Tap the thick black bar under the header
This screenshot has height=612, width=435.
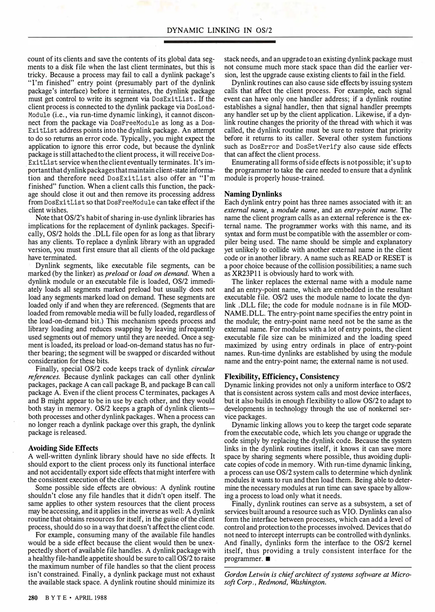220,42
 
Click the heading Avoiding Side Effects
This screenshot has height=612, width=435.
63,448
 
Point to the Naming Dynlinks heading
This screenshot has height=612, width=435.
253,194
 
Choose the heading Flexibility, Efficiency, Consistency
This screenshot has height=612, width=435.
282,377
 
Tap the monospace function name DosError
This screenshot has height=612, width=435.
264,147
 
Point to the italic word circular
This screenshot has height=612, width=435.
203,369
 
